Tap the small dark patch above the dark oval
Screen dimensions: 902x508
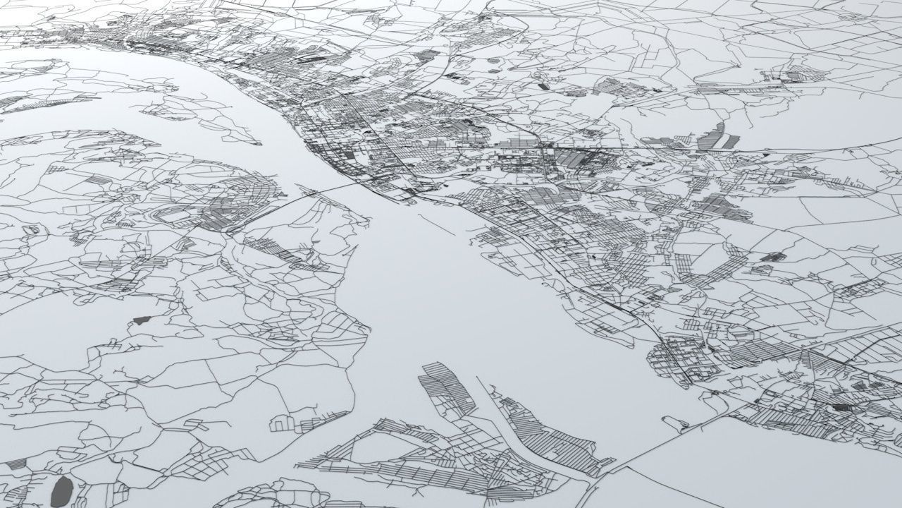142,320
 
